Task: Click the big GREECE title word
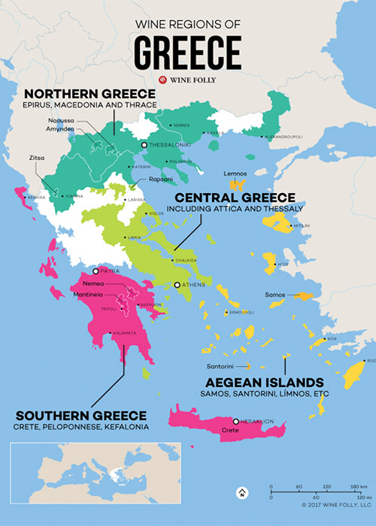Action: pos(188,52)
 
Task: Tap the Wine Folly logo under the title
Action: pos(188,80)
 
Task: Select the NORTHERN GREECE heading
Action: pos(89,93)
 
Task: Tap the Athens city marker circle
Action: pos(177,286)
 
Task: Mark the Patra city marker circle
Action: pos(96,271)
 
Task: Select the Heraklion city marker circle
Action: pos(236,422)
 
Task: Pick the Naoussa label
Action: pos(80,120)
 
